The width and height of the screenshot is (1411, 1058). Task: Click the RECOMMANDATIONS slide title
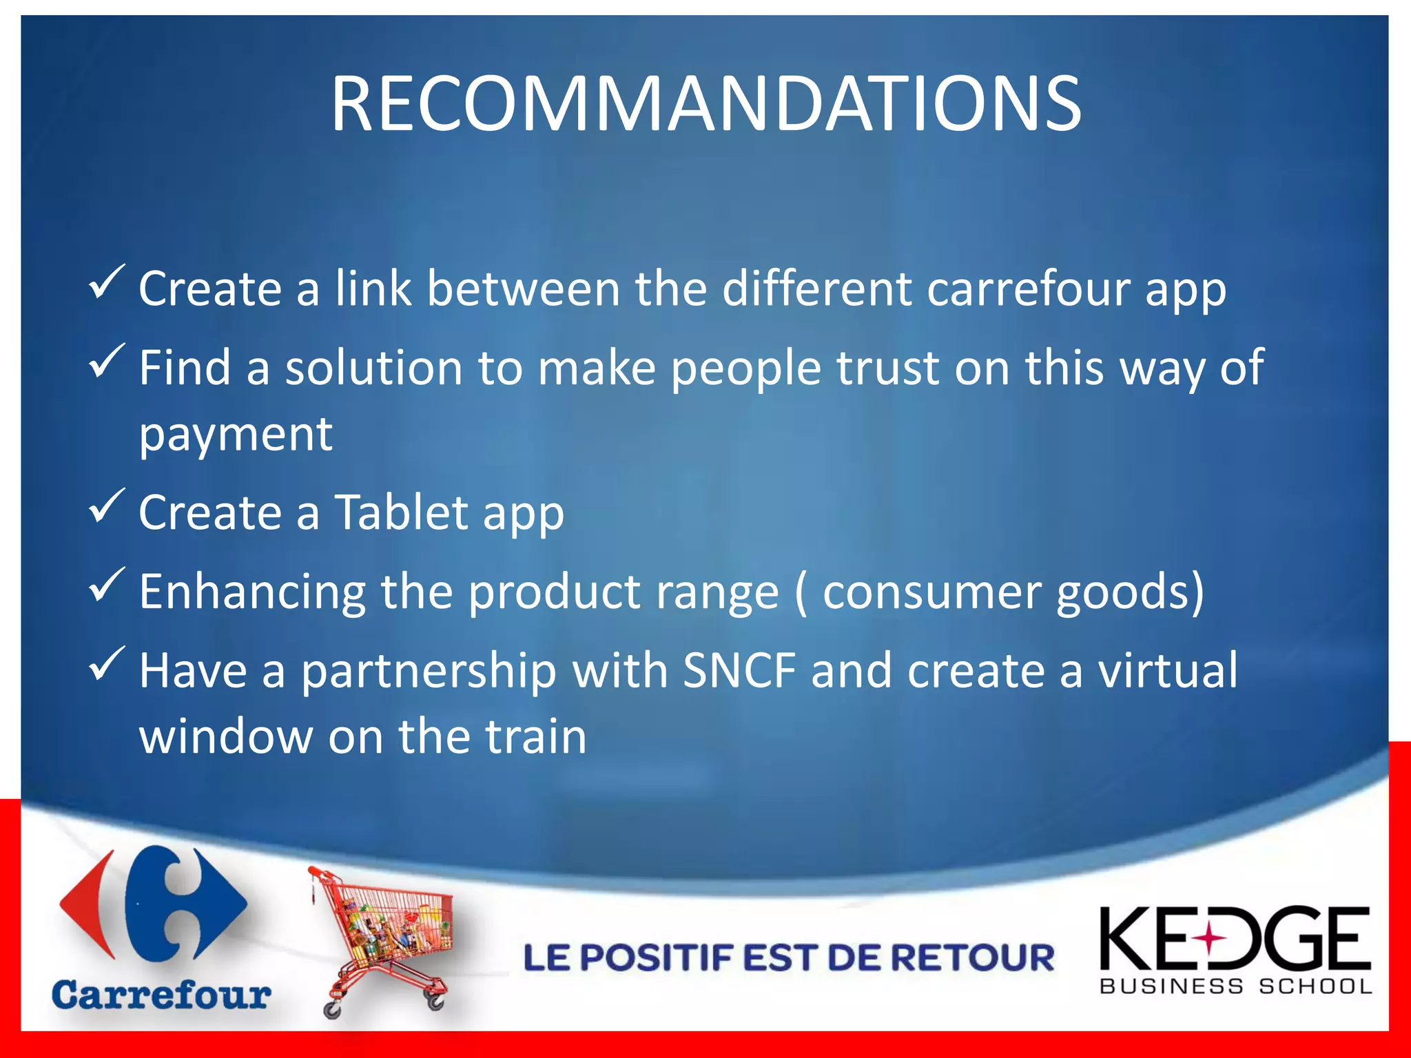pos(705,105)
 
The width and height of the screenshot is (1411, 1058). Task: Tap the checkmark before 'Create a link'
pos(107,282)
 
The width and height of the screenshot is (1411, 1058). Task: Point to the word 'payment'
pos(236,435)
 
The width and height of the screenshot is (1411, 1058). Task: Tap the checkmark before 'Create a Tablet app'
pos(107,506)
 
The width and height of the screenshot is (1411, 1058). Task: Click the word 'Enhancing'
pos(252,592)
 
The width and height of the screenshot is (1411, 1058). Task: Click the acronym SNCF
pos(739,670)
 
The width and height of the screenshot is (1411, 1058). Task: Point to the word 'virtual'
pos(1167,670)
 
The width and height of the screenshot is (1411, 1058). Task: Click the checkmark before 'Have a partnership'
pos(107,663)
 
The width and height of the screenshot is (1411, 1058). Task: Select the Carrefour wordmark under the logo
pos(161,996)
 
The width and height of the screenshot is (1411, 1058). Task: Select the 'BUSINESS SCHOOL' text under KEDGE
pos(1236,986)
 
